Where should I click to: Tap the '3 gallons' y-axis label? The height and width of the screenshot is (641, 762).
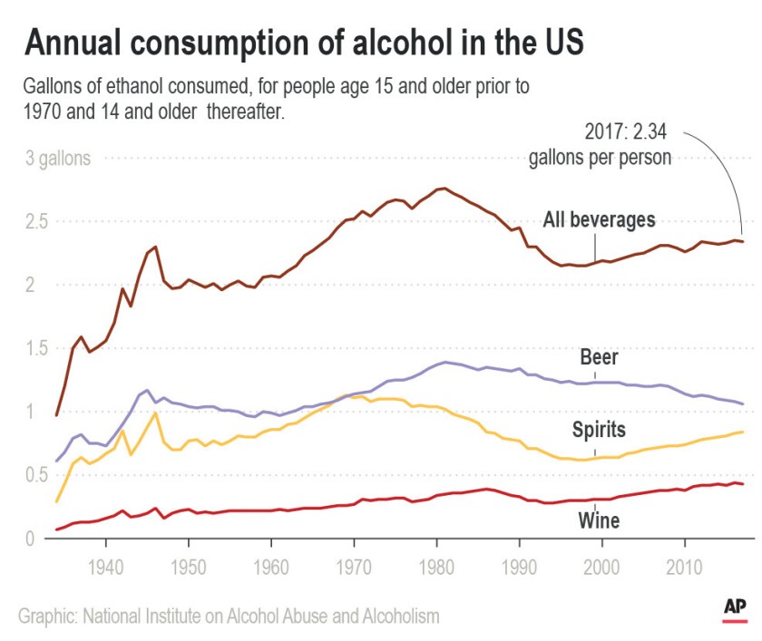[x=57, y=159]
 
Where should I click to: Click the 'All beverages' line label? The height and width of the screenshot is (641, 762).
[x=599, y=219]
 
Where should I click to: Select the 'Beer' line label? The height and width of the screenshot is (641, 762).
[x=599, y=357]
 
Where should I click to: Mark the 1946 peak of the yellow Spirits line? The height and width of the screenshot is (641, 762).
[x=156, y=413]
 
